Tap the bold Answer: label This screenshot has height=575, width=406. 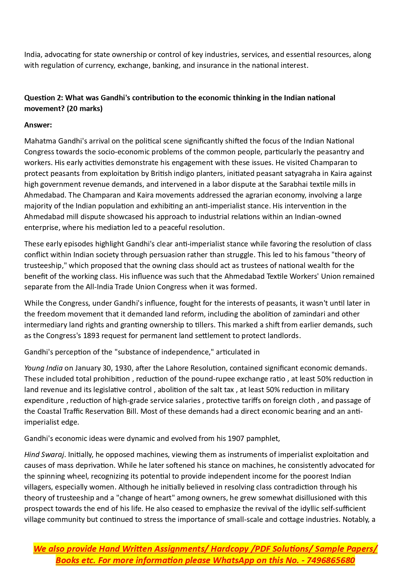(38, 125)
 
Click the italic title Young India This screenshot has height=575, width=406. (43, 368)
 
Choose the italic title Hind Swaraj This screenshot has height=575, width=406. (44, 454)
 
